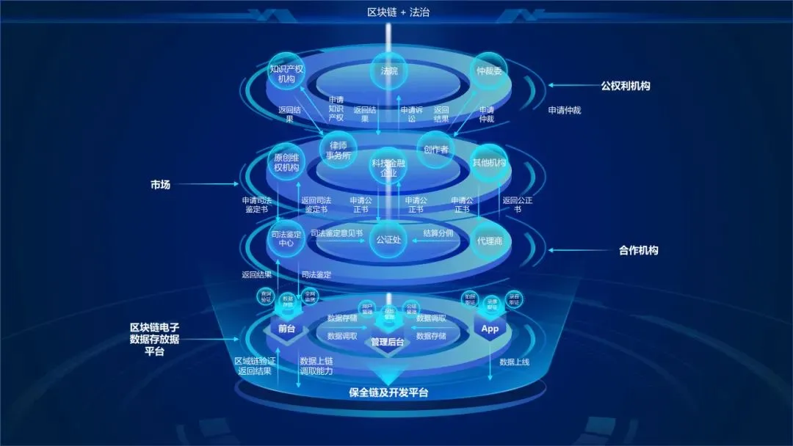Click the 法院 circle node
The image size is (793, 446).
[x=388, y=72]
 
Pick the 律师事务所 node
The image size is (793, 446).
[x=338, y=150]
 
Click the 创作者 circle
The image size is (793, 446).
[x=435, y=149]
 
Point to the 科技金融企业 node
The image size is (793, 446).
[x=388, y=168]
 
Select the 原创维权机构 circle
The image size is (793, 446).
[x=286, y=163]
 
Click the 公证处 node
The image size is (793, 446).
[x=388, y=239]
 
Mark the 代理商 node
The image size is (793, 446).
[x=489, y=239]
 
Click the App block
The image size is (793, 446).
[x=490, y=329]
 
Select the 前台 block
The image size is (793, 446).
[x=286, y=329]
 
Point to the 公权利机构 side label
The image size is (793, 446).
[x=625, y=86]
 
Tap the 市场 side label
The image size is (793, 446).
[x=160, y=185]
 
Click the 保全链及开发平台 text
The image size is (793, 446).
[x=388, y=392]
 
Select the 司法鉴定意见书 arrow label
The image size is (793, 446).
[x=336, y=233]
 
